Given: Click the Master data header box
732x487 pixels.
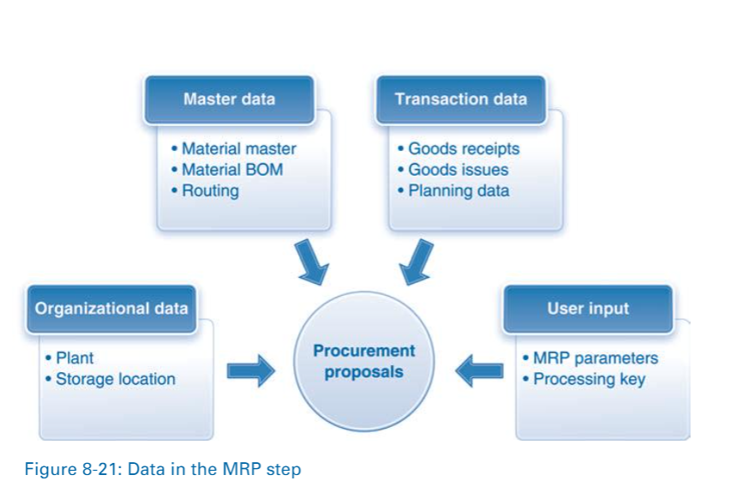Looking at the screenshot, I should (229, 99).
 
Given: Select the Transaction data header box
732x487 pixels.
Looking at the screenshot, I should (460, 99).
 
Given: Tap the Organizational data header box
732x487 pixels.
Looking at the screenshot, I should (111, 309).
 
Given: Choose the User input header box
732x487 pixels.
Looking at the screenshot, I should (588, 309).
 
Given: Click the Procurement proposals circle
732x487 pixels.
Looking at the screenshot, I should (363, 362).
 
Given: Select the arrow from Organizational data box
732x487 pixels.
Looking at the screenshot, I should (249, 371).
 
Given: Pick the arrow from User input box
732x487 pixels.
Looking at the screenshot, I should (479, 371).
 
